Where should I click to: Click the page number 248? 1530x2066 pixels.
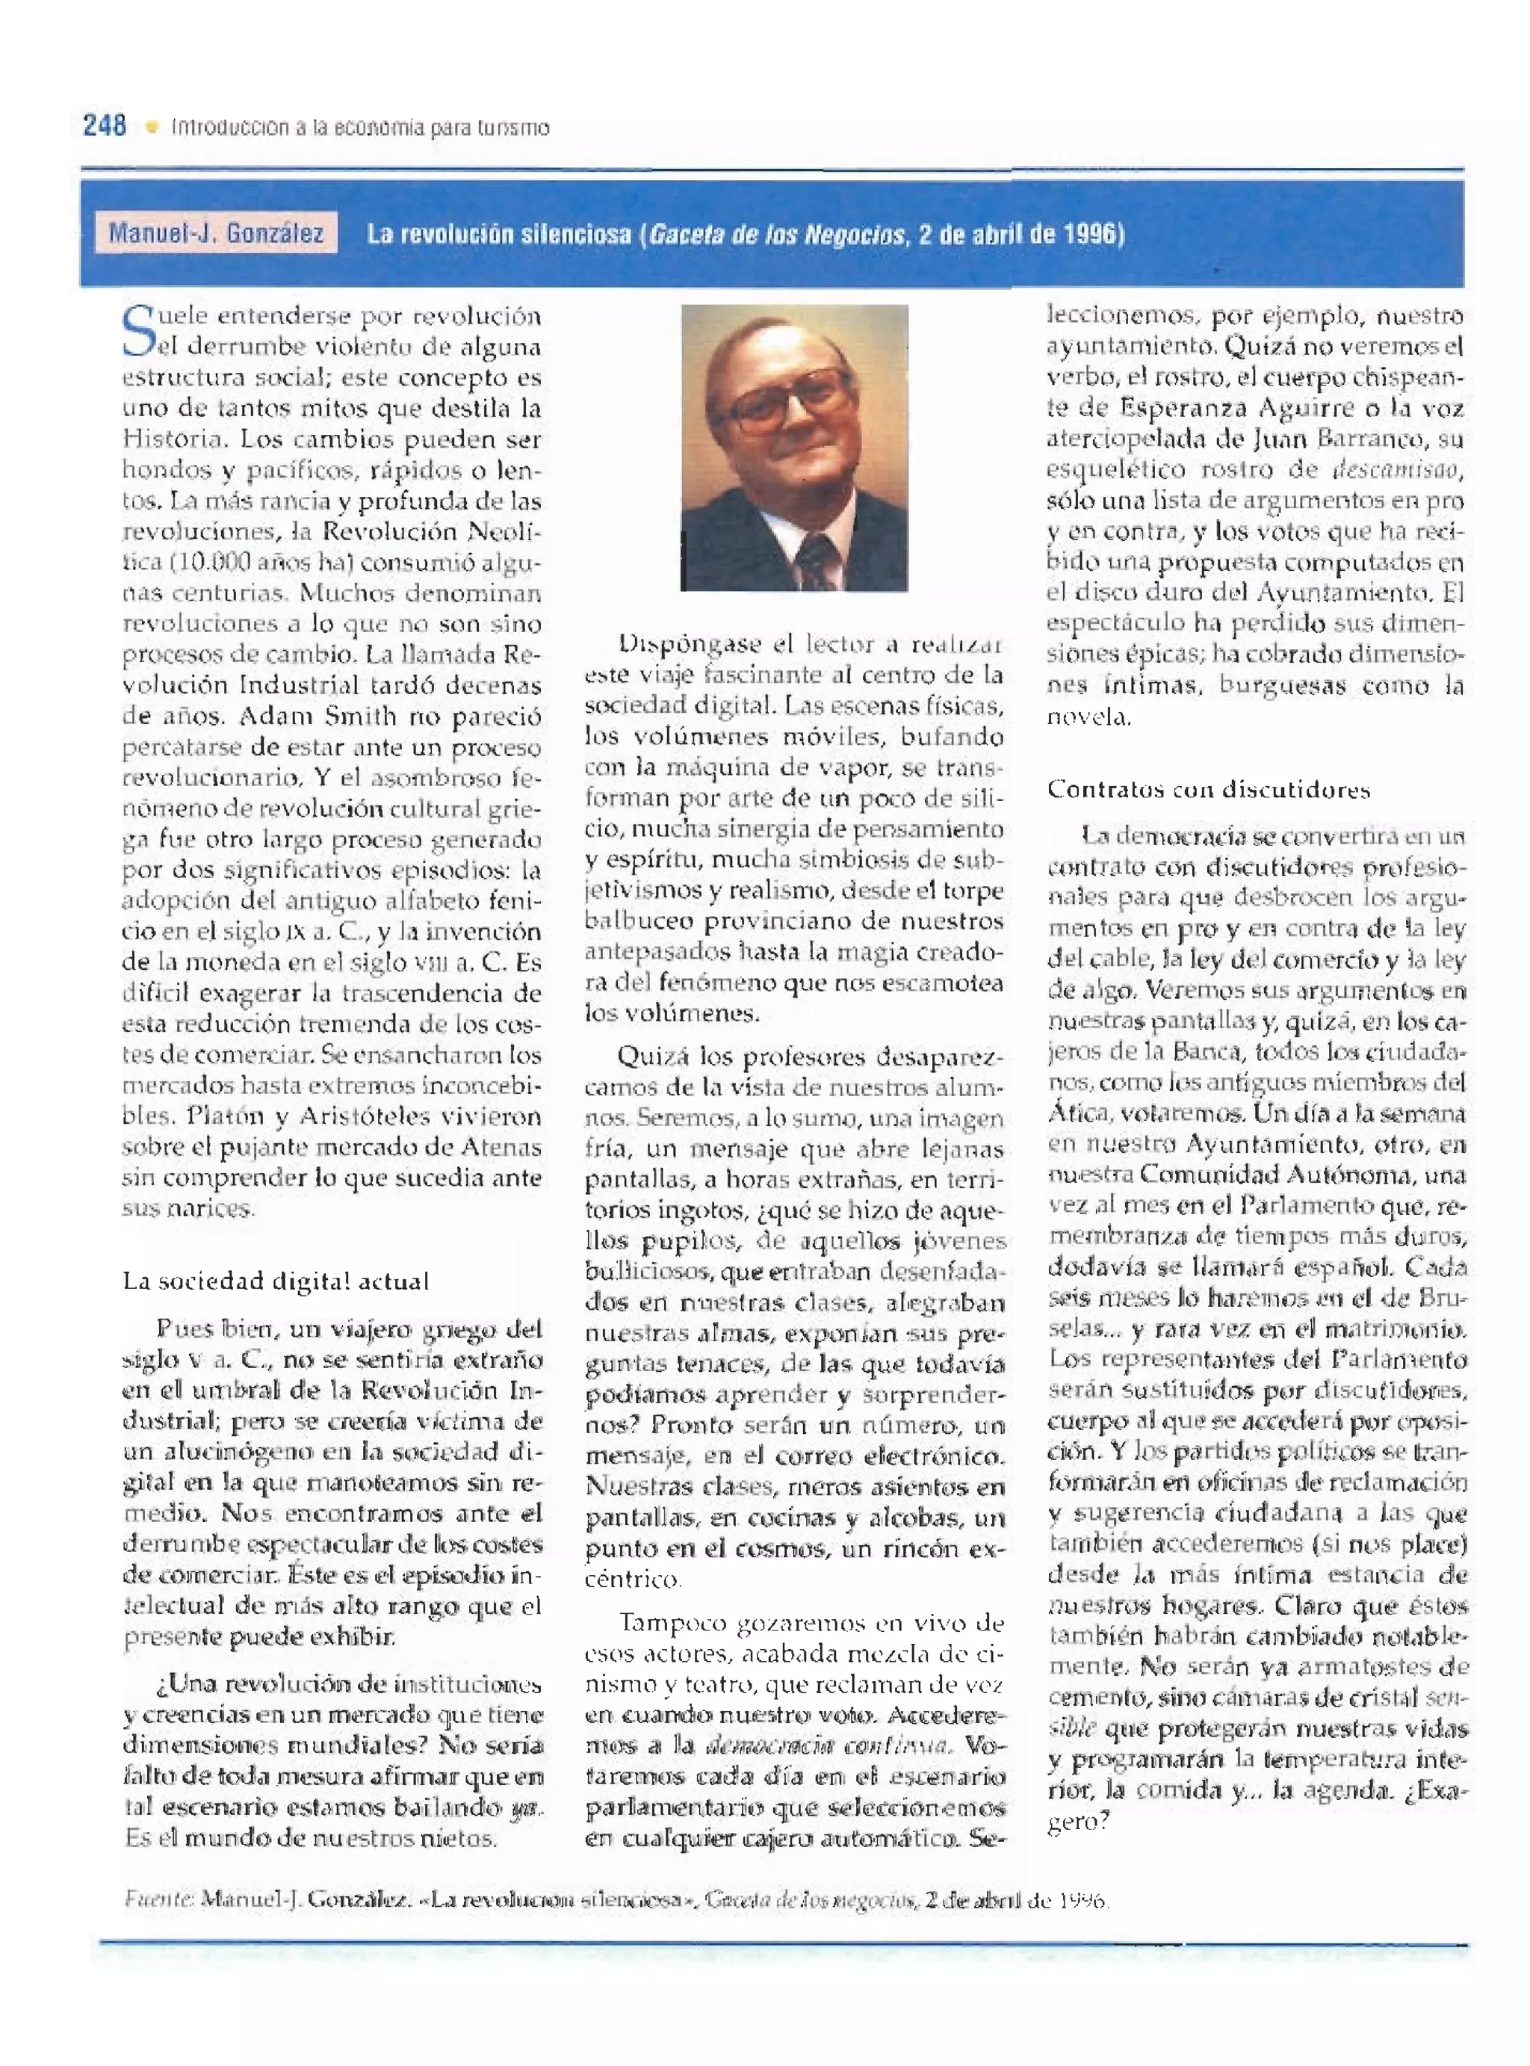(105, 125)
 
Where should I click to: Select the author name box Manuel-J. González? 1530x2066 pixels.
(216, 232)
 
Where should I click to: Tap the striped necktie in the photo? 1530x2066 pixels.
(816, 560)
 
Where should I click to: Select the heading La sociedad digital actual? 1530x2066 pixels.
(276, 1281)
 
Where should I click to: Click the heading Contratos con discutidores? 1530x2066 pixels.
(1208, 789)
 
